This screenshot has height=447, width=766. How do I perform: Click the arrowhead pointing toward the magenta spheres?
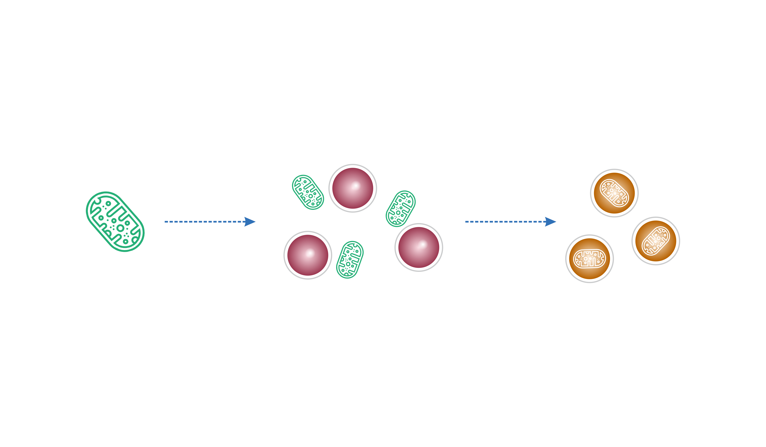coord(250,222)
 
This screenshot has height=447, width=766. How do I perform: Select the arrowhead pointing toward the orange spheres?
coord(550,222)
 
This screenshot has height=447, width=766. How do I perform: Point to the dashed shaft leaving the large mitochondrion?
coord(204,222)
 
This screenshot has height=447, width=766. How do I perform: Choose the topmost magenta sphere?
coord(353,188)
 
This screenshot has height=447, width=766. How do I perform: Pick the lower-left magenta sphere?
coord(308,255)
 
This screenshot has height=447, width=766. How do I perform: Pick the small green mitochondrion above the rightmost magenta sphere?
coord(401,209)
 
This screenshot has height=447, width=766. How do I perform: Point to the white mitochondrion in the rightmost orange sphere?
coord(656,241)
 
